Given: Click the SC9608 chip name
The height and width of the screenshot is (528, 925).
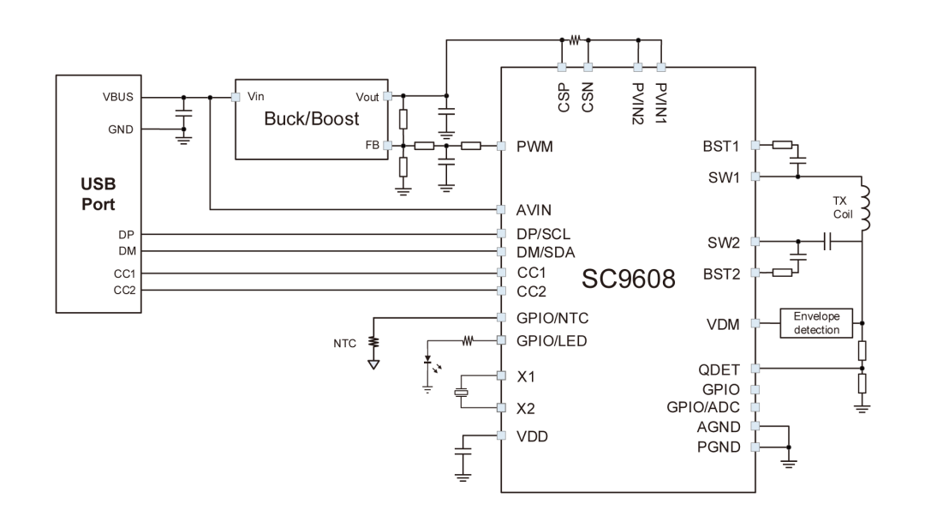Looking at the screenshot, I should point(630,279).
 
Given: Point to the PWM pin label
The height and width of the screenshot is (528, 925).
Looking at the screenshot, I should point(534,147).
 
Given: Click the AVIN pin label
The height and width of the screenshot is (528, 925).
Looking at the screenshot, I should point(535,209).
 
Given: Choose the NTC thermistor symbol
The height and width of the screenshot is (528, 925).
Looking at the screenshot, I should point(373,344).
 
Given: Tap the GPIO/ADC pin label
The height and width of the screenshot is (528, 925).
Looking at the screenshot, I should point(707,406).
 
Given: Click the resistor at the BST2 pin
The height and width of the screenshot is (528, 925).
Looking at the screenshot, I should point(780,273).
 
